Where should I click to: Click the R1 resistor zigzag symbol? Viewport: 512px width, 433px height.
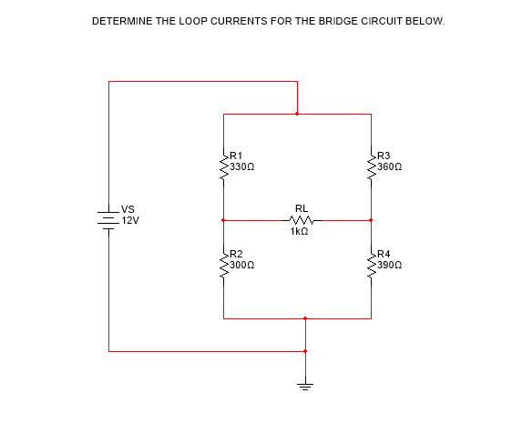(223, 166)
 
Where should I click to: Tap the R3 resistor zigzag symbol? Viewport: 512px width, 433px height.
(371, 166)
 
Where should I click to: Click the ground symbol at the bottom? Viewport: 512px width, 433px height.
(305, 383)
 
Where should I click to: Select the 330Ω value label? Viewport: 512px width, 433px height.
(242, 167)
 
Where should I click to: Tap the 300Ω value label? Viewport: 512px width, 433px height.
(242, 265)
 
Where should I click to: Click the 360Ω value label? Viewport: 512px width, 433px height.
(390, 167)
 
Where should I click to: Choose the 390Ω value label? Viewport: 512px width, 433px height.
(390, 265)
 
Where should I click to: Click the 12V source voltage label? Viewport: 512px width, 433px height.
(130, 221)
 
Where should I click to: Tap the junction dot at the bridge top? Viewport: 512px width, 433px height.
(297, 114)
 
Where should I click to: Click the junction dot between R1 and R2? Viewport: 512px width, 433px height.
(223, 220)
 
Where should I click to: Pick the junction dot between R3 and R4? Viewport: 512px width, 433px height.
(371, 220)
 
